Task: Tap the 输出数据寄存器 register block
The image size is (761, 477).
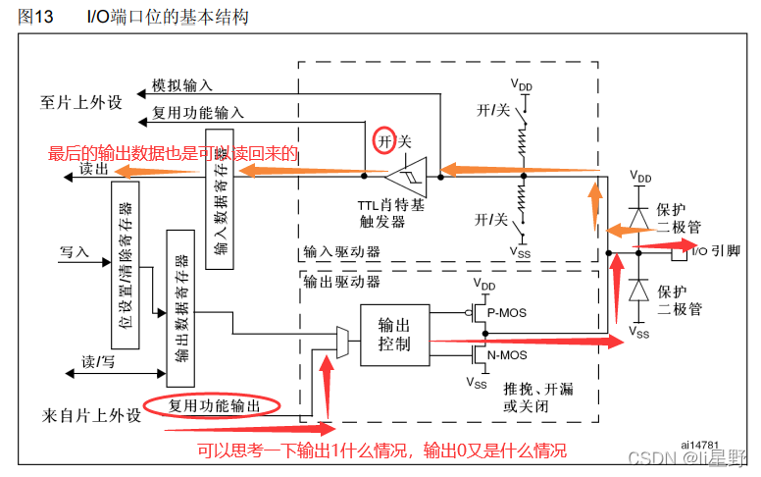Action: [x=180, y=304]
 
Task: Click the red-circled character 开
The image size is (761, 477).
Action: [x=385, y=141]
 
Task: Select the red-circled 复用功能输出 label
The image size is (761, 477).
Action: [x=212, y=404]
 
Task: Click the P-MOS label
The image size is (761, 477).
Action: [x=506, y=313]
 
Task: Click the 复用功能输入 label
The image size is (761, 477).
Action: [x=198, y=112]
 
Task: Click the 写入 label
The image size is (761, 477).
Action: [x=75, y=251]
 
